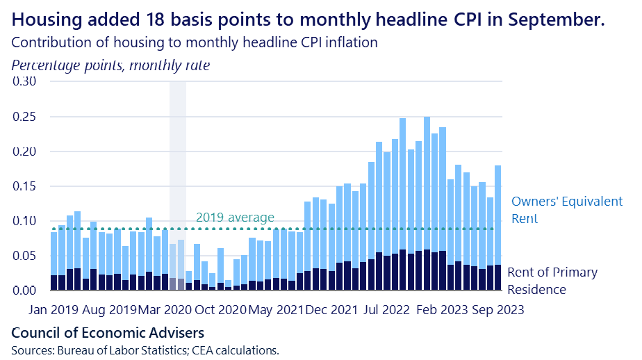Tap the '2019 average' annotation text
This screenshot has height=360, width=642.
[235, 217]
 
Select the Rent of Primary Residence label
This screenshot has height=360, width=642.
[552, 281]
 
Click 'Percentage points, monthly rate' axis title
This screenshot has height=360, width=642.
[110, 65]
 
